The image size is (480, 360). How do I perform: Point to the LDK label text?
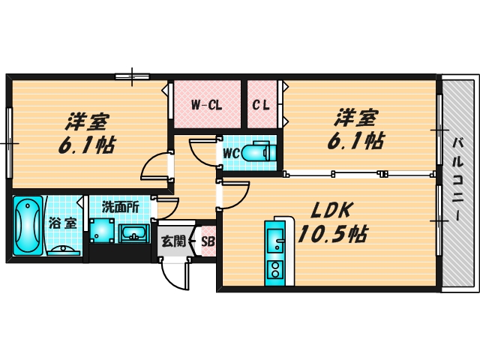(x=327, y=210)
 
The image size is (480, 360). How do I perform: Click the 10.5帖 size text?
(x=332, y=235)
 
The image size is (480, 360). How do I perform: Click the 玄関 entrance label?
(x=172, y=241)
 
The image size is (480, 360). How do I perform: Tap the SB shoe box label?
(x=208, y=241)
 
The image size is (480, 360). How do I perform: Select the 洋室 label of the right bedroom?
(x=355, y=117)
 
